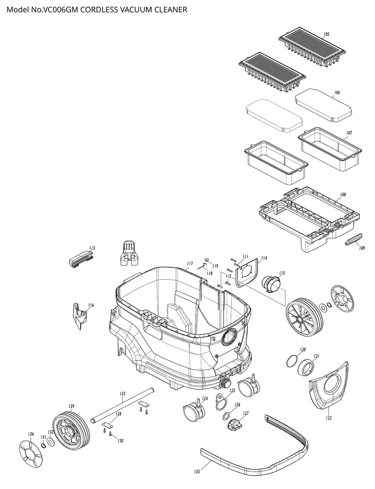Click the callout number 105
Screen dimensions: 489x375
pyautogui.click(x=326, y=34)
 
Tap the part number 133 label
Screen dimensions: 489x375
pyautogui.click(x=197, y=471)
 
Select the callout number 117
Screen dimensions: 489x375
pyautogui.click(x=190, y=264)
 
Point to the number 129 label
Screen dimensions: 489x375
pyautogui.click(x=71, y=406)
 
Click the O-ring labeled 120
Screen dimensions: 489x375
pyautogui.click(x=291, y=361)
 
